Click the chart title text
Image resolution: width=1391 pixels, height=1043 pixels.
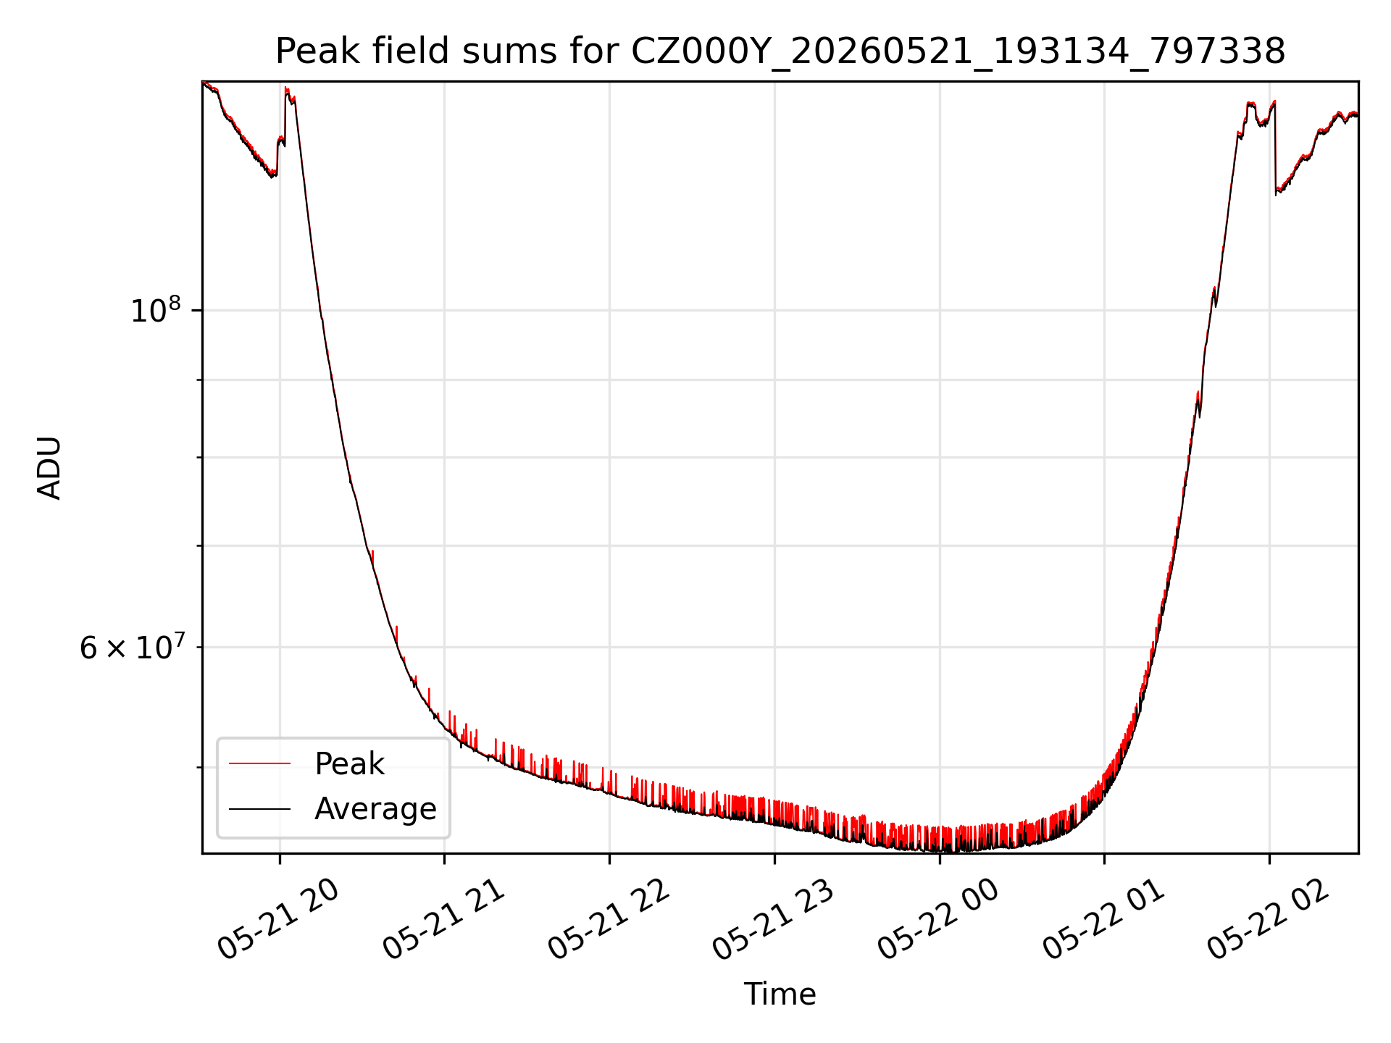tap(780, 51)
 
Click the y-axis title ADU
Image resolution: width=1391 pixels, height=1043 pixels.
tap(49, 467)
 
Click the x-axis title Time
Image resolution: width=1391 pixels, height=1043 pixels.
tap(780, 994)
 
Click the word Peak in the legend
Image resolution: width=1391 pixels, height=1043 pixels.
tap(349, 763)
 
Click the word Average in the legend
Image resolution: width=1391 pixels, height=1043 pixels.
tap(375, 808)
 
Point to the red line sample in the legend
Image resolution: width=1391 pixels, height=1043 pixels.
tap(259, 763)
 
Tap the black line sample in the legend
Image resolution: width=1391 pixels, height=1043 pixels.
tap(259, 808)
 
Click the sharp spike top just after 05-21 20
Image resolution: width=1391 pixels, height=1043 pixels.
tap(286, 88)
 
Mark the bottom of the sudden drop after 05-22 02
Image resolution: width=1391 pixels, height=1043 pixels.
tap(1276, 194)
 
